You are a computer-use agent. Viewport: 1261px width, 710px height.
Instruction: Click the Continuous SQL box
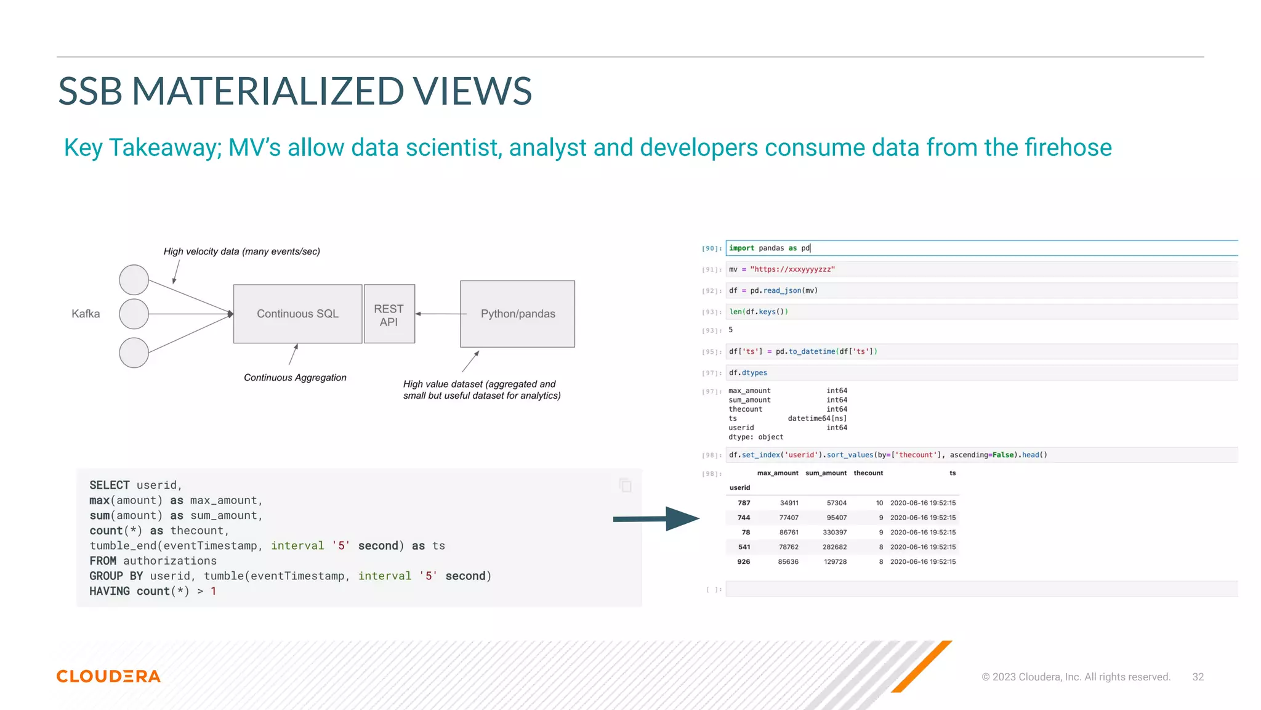297,314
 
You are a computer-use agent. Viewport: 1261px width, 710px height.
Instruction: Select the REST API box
389,314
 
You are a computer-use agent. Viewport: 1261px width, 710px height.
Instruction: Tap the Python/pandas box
517,314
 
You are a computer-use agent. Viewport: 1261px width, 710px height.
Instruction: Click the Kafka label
86,314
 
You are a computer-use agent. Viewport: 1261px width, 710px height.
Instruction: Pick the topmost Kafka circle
134,280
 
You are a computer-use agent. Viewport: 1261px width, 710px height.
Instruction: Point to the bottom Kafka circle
134,353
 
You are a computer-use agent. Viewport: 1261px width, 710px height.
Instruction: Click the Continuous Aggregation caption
295,377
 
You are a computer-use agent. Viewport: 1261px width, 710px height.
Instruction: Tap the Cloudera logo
108,676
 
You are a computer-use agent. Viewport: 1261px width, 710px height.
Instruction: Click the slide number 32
1198,677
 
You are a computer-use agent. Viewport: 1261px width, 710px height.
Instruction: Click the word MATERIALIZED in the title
268,91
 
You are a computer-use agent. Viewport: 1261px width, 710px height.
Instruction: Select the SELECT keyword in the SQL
110,485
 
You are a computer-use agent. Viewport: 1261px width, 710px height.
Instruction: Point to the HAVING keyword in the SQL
110,591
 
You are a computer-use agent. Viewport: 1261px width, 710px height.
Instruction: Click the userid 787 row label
744,503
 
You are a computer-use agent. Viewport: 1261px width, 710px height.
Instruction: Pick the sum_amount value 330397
834,532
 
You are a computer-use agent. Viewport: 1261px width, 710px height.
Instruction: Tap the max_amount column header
777,473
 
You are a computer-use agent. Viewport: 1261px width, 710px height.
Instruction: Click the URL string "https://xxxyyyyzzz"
792,269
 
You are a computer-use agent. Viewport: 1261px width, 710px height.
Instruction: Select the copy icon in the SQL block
625,486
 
